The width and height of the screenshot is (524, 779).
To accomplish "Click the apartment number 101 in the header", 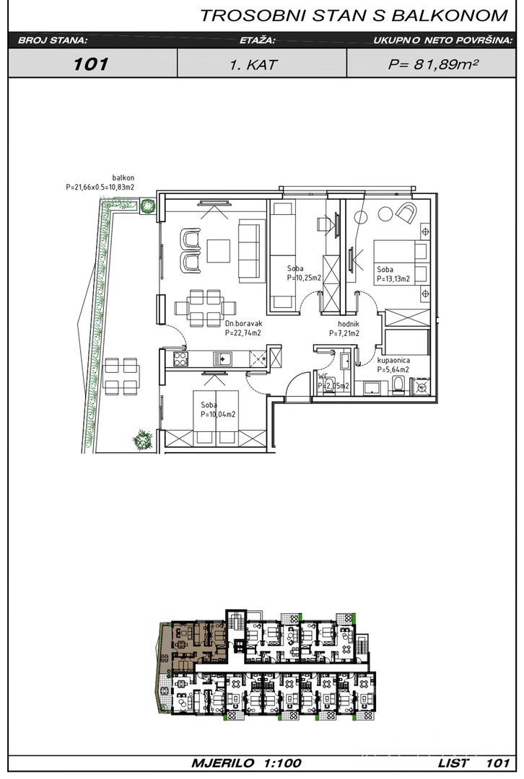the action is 91,64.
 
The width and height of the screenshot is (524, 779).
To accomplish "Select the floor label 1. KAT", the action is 253,65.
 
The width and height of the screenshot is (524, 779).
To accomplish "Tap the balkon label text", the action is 123,178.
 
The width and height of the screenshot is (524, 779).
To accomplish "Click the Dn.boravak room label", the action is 243,324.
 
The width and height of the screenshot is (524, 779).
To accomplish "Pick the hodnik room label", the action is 348,325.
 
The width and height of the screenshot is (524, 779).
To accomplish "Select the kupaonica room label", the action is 393,360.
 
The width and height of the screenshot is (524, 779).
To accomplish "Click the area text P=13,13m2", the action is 393,279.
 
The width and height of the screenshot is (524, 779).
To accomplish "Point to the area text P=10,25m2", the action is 304,278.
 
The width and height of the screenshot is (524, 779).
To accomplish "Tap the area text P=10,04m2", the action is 218,414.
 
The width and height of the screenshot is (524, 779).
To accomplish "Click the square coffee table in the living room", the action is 219,251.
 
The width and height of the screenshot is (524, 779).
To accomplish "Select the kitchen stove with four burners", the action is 180,358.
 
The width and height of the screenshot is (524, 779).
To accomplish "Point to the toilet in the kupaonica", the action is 398,385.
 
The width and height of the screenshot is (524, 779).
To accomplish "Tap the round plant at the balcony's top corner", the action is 147,206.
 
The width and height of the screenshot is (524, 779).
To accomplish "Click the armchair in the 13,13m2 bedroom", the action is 406,213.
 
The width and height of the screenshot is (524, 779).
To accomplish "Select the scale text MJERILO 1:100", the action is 246,762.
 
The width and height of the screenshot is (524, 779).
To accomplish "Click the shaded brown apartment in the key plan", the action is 194,643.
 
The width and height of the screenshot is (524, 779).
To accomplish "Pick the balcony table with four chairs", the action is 121,376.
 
